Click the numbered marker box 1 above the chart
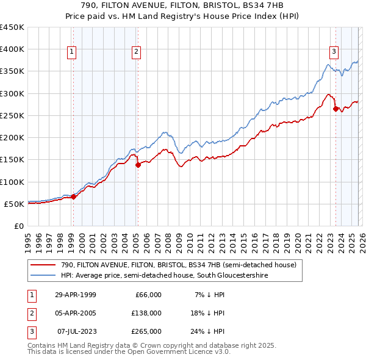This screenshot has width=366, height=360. pos(72,52)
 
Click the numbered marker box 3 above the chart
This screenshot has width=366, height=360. pos(334,52)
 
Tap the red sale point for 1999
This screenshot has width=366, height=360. pos(73,196)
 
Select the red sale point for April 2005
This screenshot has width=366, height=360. pos(138,165)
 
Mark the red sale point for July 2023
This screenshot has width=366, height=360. pos(335,109)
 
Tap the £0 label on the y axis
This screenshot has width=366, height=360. pos(20,226)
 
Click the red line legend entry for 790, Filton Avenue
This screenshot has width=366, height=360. pos(178,265)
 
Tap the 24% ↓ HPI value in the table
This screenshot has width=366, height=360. pos(211,331)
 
